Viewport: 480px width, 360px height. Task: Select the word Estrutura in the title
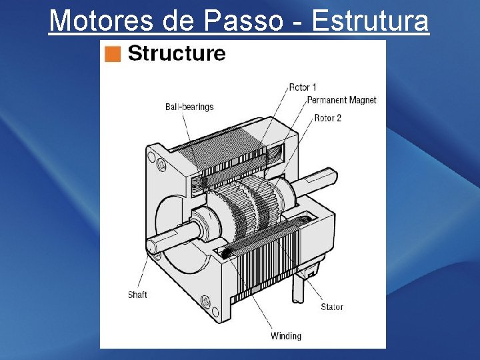click(x=370, y=21)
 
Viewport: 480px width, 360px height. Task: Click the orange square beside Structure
click(x=113, y=54)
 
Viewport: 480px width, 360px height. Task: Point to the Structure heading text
click(x=176, y=53)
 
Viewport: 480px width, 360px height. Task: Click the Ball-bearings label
click(x=189, y=107)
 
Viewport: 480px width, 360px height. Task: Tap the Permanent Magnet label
click(x=341, y=100)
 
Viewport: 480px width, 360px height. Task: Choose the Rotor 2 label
click(x=327, y=118)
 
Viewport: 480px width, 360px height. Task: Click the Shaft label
click(x=137, y=295)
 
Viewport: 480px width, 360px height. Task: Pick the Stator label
click(x=331, y=307)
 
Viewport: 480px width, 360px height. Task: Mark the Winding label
click(x=285, y=336)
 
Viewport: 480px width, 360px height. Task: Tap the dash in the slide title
click(x=298, y=22)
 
